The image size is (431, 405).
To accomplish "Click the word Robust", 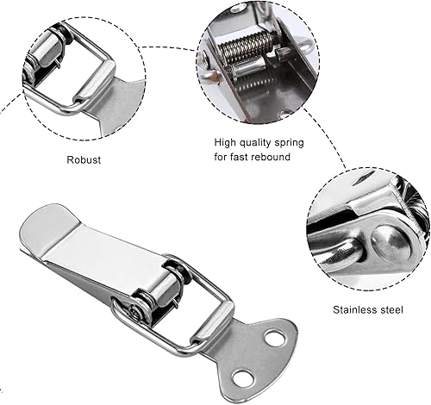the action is [84, 159].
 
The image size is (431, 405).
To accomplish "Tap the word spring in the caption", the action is [289, 143].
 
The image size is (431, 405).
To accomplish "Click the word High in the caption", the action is [225, 143].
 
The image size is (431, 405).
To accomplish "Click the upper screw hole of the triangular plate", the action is [274, 338].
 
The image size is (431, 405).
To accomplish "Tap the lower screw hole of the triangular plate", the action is [241, 377].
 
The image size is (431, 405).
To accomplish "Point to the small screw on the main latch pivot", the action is [134, 312].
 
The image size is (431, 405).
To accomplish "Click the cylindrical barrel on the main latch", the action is [161, 290].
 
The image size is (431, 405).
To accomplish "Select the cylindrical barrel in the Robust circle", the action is [45, 51].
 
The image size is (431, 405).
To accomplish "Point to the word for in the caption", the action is [221, 157].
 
